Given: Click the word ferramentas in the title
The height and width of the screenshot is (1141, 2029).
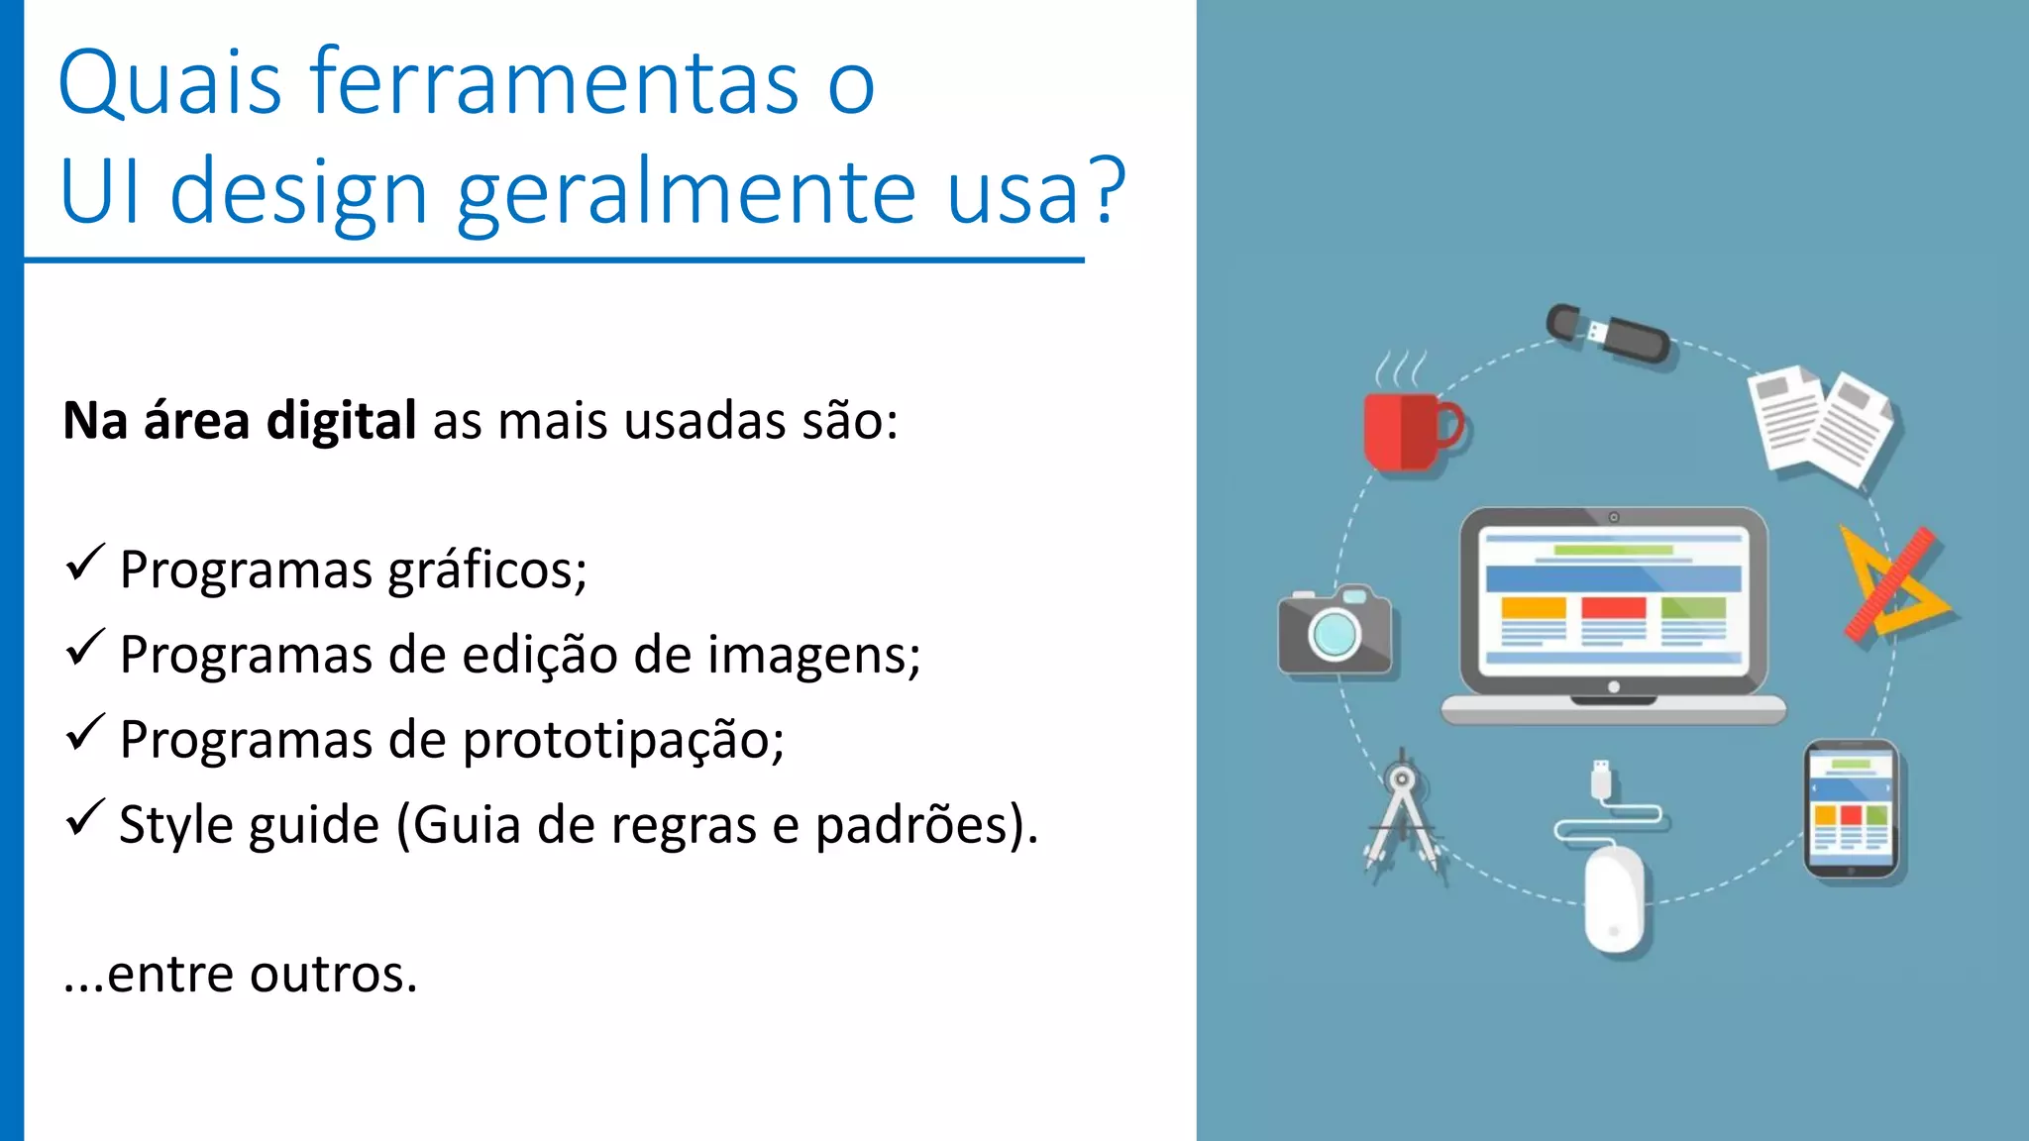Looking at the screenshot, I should [x=555, y=83].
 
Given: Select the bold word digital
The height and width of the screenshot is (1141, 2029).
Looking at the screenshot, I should [x=341, y=421].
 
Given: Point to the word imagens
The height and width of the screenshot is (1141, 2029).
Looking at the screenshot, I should [x=814, y=656].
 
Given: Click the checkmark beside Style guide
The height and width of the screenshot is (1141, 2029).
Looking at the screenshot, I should [x=84, y=818].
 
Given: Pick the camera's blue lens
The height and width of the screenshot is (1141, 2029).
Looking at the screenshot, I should [x=1334, y=634].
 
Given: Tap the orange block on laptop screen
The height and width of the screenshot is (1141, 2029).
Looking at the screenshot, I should [x=1533, y=608].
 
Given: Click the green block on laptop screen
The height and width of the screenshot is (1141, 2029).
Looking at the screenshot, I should [x=1693, y=608].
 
